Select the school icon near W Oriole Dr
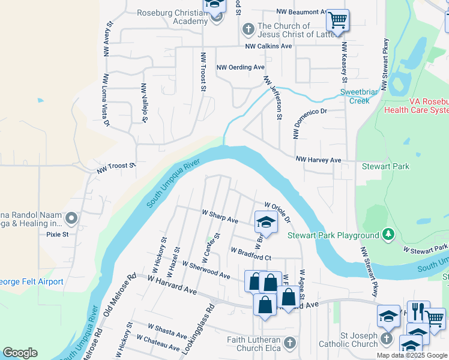pyautogui.click(x=266, y=222)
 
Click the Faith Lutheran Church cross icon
pyautogui.click(x=290, y=343)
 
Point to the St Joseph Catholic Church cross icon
pyautogui.click(x=386, y=339)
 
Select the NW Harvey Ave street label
pyautogui.click(x=318, y=160)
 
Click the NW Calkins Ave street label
pyautogui.click(x=268, y=46)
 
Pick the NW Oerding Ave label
pyautogui.click(x=240, y=68)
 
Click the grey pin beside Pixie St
pyautogui.click(x=71, y=219)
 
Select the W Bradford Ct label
pyautogui.click(x=251, y=253)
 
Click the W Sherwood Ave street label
pyautogui.click(x=206, y=270)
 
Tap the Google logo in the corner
pyautogui.click(x=20, y=353)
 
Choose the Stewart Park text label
pyautogui.click(x=385, y=165)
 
